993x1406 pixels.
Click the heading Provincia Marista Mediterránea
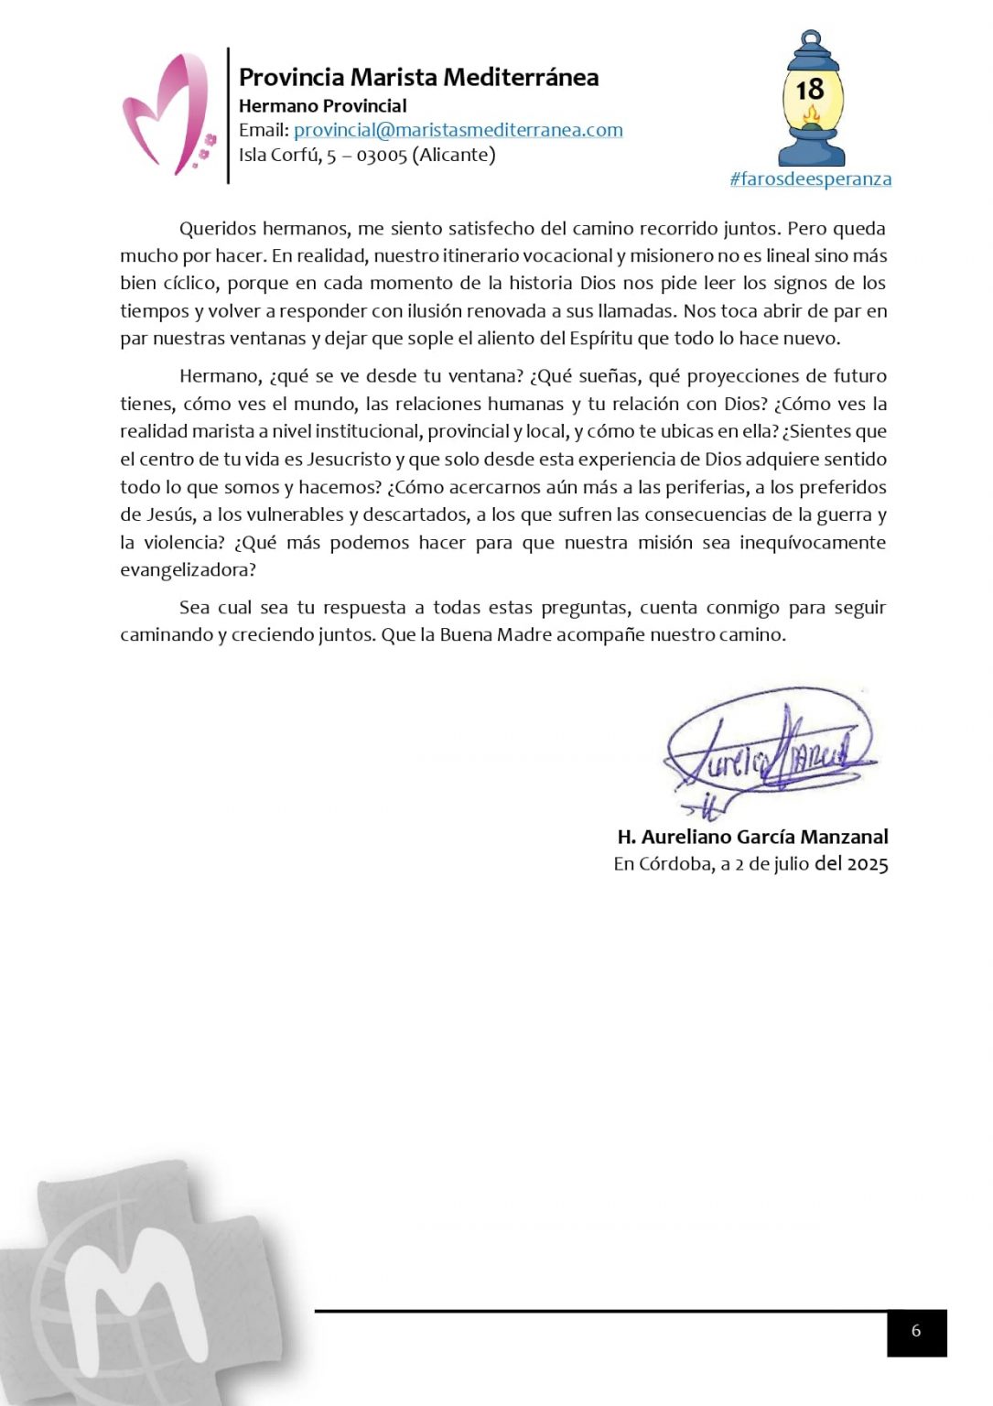click(x=418, y=78)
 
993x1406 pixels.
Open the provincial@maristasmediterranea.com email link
click(x=458, y=130)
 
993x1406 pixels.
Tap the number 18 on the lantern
click(x=810, y=90)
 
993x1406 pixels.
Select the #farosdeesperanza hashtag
click(x=810, y=179)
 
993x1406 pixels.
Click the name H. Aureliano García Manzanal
click(x=752, y=837)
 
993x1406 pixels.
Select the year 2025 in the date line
click(x=868, y=864)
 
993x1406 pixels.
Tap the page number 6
click(x=916, y=1332)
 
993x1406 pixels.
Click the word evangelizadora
click(x=188, y=570)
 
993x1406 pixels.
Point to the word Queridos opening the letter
click(x=217, y=229)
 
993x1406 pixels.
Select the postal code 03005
click(x=382, y=156)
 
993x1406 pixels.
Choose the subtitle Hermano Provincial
click(x=322, y=106)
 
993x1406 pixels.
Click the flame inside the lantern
click(x=810, y=115)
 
